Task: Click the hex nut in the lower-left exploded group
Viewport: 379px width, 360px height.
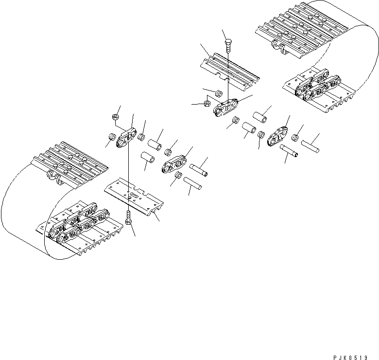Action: click(115, 117)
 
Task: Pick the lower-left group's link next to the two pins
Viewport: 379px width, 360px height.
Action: click(174, 163)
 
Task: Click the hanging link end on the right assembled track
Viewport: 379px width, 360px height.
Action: click(277, 46)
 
